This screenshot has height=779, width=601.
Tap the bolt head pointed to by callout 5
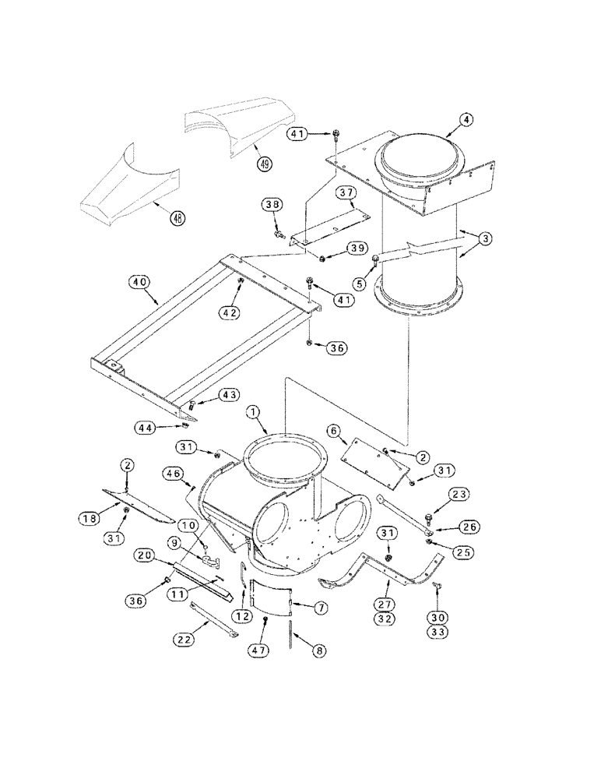click(x=377, y=259)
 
